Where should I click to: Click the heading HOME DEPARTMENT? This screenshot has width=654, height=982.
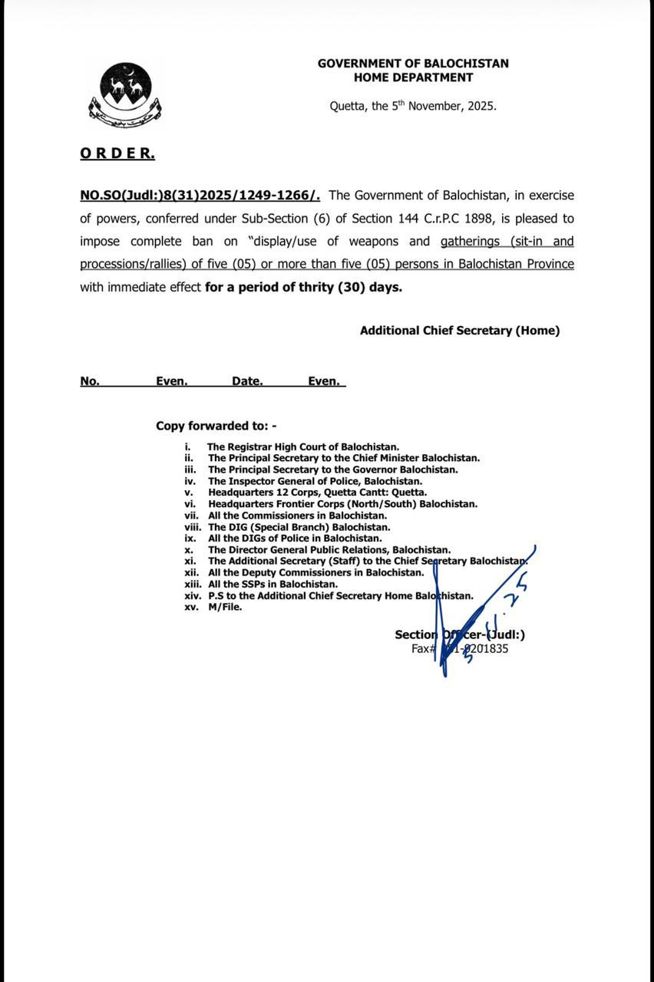point(413,77)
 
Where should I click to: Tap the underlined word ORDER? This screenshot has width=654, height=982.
point(117,153)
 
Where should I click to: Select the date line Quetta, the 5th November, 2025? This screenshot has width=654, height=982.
point(413,107)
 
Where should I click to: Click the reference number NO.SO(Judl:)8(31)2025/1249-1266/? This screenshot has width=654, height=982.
point(200,196)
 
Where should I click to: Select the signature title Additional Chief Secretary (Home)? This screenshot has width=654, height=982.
point(460,331)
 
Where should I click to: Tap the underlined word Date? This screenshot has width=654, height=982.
point(247,381)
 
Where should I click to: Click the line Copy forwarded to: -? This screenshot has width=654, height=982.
point(216,426)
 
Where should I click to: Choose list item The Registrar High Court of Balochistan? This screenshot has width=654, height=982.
point(303,447)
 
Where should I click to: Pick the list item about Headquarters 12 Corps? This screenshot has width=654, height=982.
point(317,493)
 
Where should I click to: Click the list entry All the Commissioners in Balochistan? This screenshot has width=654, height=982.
point(297,516)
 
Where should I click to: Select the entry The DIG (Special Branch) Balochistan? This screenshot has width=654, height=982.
point(299,527)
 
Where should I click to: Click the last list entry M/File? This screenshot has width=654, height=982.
point(225,607)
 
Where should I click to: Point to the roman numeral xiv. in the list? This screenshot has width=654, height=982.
point(193,595)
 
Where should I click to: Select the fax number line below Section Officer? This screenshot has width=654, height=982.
point(460,649)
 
